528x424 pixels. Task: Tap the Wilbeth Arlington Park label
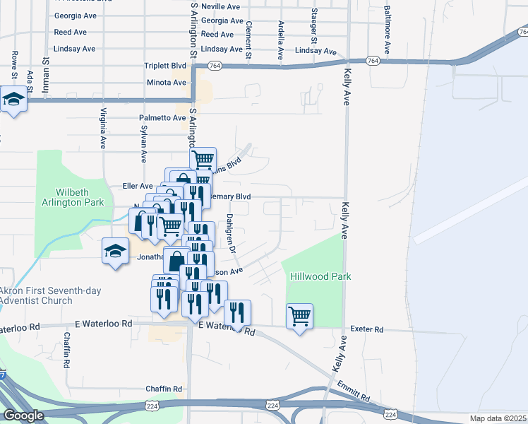80,196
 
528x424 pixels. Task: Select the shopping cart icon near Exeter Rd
299,317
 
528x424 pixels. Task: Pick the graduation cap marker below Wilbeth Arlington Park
116,252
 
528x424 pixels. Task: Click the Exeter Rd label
368,330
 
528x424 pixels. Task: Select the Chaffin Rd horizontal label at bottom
164,389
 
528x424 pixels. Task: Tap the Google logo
24,416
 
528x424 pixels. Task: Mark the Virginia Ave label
104,131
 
